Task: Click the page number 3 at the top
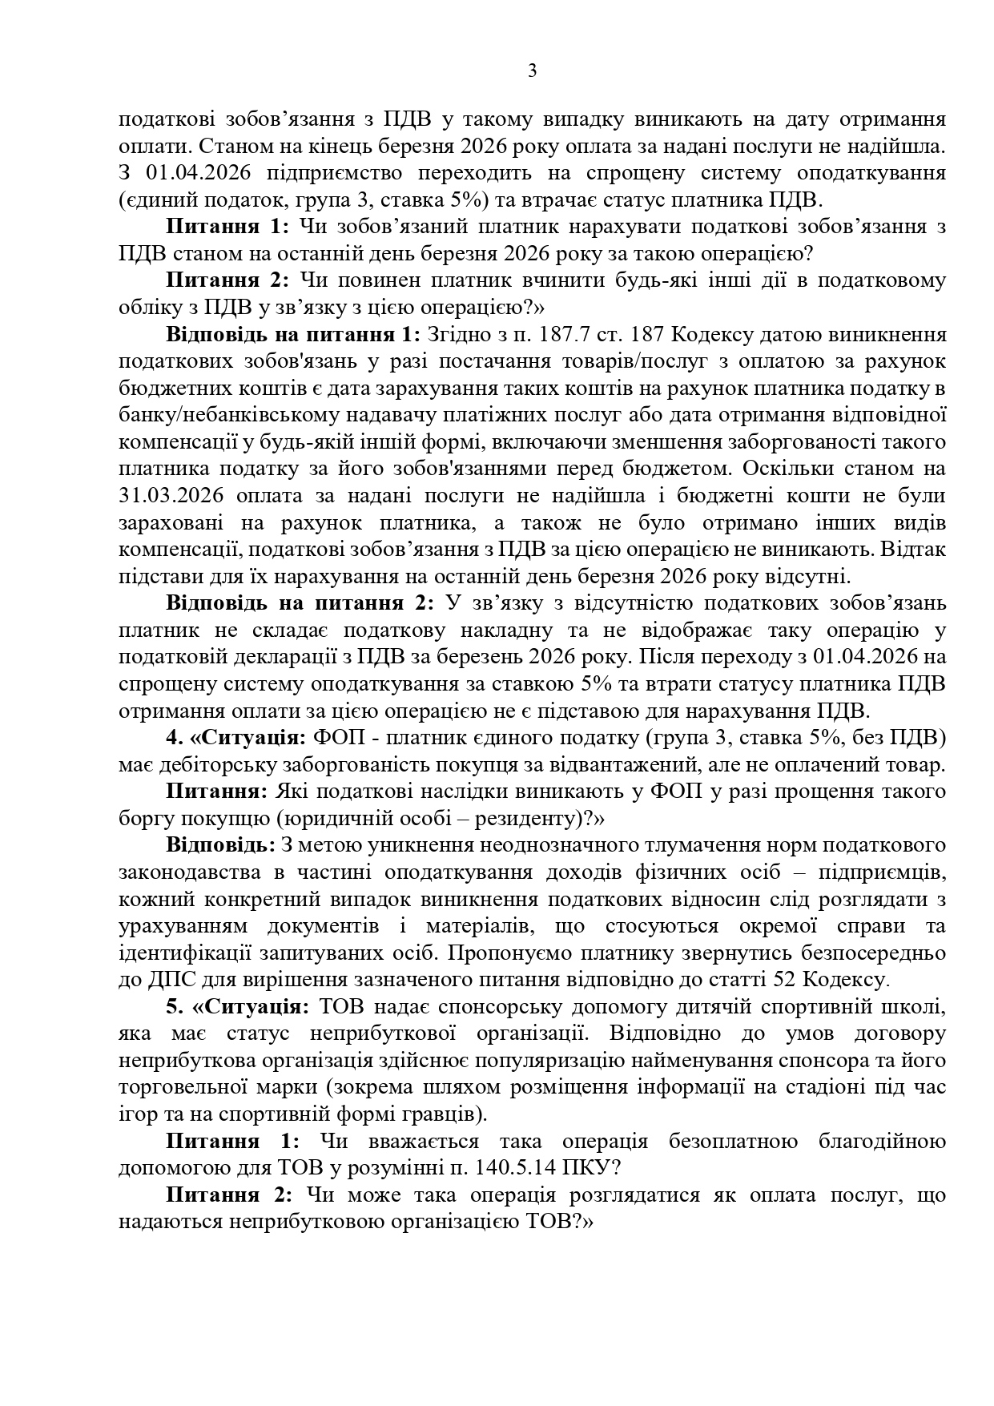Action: [533, 71]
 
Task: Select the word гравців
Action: [440, 1114]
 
